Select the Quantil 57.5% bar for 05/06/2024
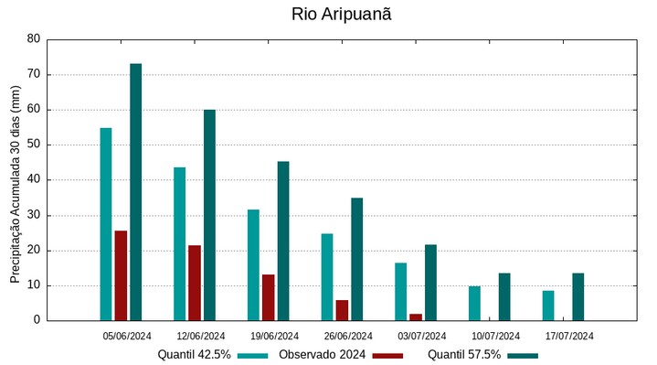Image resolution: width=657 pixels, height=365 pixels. coord(135,192)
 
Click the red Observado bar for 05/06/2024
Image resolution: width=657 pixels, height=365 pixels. coord(121,275)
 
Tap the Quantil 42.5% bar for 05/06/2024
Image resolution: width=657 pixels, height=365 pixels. coord(106,224)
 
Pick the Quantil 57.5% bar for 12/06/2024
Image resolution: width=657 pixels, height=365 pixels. coord(209,215)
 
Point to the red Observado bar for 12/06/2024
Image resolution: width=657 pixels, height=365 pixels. coord(195,283)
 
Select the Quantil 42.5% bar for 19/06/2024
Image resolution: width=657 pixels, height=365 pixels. coord(253,265)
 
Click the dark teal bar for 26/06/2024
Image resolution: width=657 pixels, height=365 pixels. coord(356,259)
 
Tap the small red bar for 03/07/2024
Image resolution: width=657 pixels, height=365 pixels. coord(416,317)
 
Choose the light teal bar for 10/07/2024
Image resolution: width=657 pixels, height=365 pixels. coord(474,303)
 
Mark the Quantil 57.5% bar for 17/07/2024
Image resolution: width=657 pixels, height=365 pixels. coord(578,296)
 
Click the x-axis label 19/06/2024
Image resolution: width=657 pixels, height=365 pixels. coord(274,336)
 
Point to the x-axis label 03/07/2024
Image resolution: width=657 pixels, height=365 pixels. coord(421,336)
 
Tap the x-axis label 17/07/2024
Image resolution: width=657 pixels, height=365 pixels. coord(569,336)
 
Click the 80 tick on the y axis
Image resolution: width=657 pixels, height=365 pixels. coord(34,39)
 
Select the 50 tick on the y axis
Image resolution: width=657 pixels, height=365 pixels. coord(34,145)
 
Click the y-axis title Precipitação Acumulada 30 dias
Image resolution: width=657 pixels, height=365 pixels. coord(15,180)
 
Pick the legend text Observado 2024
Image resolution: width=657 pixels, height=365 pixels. coord(322,355)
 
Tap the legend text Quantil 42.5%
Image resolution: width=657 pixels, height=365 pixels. coord(194,355)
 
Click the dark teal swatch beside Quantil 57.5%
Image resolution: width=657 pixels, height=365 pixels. coord(523,355)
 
